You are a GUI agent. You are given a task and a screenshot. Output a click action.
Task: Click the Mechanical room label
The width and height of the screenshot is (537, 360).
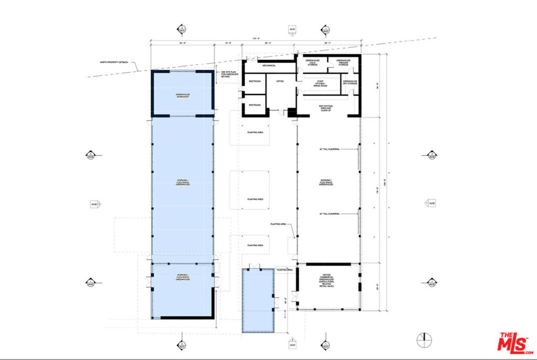[x=269, y=66]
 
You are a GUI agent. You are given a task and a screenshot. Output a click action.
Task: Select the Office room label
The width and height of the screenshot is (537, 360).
[x=280, y=81]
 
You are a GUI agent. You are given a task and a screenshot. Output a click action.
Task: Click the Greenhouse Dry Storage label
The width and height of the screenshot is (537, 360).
[x=350, y=82]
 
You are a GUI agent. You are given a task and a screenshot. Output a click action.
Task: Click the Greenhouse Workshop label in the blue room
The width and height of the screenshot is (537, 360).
[x=182, y=97]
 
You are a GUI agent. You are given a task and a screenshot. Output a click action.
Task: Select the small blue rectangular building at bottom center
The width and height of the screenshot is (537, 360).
[x=259, y=300]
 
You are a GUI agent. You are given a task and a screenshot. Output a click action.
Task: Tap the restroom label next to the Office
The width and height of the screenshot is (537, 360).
[x=255, y=81]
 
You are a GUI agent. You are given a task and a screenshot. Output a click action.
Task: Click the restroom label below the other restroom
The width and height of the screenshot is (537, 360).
[x=255, y=105]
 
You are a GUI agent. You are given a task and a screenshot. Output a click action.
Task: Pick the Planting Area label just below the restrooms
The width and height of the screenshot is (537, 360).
[x=254, y=132]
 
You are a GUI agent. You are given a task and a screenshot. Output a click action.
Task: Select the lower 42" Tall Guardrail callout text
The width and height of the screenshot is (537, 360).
[x=330, y=214]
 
